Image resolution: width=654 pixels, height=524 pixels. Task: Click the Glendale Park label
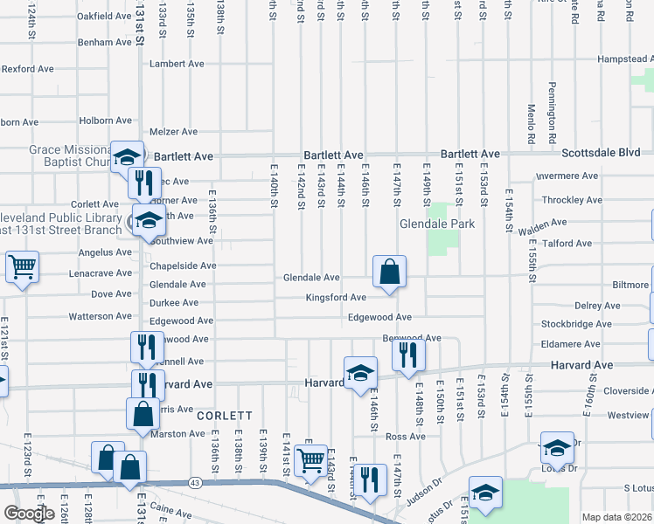pyautogui.click(x=437, y=224)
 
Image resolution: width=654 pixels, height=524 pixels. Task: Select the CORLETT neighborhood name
pyautogui.click(x=225, y=416)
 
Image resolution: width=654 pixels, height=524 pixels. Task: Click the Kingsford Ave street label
pyautogui.click(x=336, y=298)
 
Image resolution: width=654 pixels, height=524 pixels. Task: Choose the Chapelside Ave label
pyautogui.click(x=183, y=265)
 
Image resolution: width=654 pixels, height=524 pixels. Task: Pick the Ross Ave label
pyautogui.click(x=405, y=437)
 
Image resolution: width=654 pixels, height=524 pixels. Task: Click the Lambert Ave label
pyautogui.click(x=177, y=64)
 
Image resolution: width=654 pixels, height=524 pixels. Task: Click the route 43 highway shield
pyautogui.click(x=194, y=482)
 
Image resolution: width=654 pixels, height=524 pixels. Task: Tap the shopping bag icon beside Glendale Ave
pyautogui.click(x=389, y=272)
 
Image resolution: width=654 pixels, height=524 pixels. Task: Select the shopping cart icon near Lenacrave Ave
pyautogui.click(x=22, y=266)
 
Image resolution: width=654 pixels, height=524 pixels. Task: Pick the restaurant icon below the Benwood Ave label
pyautogui.click(x=408, y=354)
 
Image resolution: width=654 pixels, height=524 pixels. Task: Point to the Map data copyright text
pyautogui.click(x=617, y=517)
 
